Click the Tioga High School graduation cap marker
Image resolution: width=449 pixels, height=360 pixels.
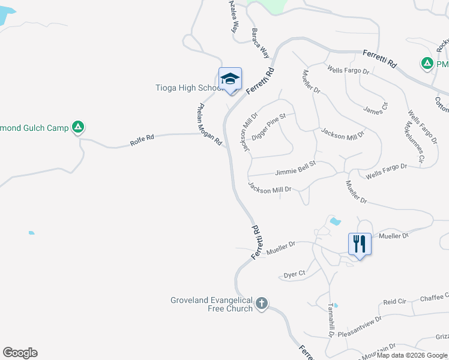click(x=230, y=79)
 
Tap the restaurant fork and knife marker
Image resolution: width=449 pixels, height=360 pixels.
click(x=360, y=244)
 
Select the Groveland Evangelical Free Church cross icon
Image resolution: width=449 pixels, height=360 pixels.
click(x=261, y=303)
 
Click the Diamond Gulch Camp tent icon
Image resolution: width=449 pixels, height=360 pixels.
click(x=77, y=127)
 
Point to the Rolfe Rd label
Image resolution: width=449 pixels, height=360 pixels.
click(x=142, y=140)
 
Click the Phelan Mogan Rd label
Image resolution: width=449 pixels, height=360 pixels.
click(x=209, y=125)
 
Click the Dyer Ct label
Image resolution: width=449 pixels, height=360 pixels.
click(x=294, y=275)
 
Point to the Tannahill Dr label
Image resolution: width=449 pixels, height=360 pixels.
click(x=330, y=319)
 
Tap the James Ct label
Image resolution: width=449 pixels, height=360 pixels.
click(x=376, y=108)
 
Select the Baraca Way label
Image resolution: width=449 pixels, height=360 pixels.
click(x=261, y=43)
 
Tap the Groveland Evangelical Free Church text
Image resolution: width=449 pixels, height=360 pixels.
click(x=211, y=304)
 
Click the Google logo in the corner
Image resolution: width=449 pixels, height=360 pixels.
click(x=20, y=353)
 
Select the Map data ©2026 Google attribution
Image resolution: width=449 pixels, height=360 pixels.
click(x=412, y=355)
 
